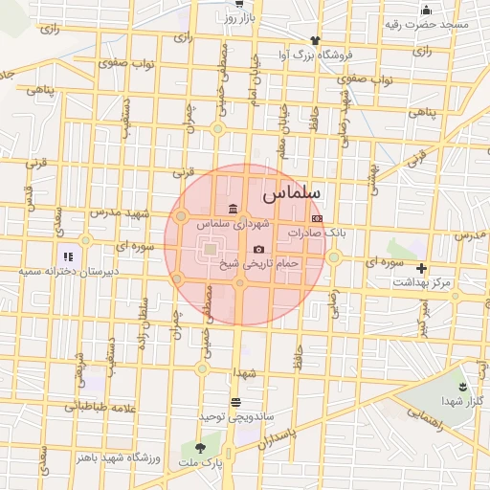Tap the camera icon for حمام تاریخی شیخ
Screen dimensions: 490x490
258,249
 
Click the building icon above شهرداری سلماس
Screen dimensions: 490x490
234,210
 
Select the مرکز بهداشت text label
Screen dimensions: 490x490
427,282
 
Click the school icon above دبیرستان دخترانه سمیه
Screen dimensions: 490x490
67,256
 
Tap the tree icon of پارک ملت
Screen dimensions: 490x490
200,448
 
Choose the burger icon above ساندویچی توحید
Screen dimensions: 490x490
236,402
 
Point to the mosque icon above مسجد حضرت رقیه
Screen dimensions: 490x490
425,11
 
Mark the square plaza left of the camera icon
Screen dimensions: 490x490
210,252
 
